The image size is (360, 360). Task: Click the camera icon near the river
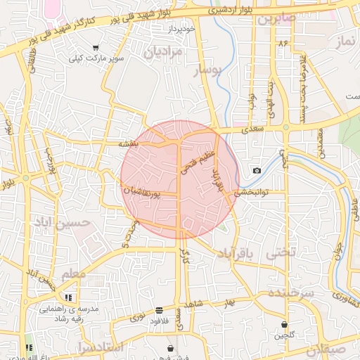tap(257, 171)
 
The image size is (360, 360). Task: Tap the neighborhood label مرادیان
tap(163, 52)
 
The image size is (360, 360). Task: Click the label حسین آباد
tap(60, 224)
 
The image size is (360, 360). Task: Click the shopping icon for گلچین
tap(284, 326)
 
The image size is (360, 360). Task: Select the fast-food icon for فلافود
tap(159, 310)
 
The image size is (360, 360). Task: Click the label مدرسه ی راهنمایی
tap(69, 309)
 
